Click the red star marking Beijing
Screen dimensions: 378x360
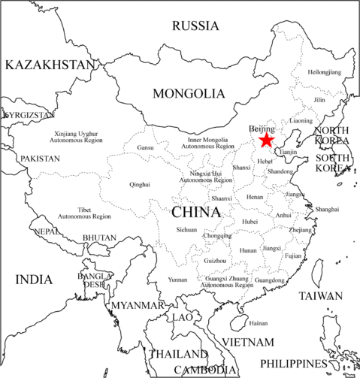[266, 140]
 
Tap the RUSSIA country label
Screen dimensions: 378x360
[195, 26]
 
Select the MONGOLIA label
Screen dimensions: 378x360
[189, 94]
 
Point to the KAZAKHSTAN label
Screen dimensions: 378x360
[50, 65]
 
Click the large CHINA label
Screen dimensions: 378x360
[196, 212]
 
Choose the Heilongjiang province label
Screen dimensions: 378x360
[324, 72]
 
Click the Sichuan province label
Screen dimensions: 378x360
[186, 229]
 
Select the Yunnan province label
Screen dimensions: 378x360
[178, 280]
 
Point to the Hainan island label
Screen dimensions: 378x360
[258, 323]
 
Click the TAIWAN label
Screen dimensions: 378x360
[320, 296]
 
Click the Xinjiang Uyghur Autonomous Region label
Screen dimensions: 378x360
[80, 138]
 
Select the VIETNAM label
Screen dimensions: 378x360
[247, 342]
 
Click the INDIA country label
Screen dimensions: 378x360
[34, 280]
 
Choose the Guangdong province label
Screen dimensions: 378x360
[270, 280]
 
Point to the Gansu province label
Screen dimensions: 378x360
[146, 148]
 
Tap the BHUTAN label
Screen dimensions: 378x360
[99, 238]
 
